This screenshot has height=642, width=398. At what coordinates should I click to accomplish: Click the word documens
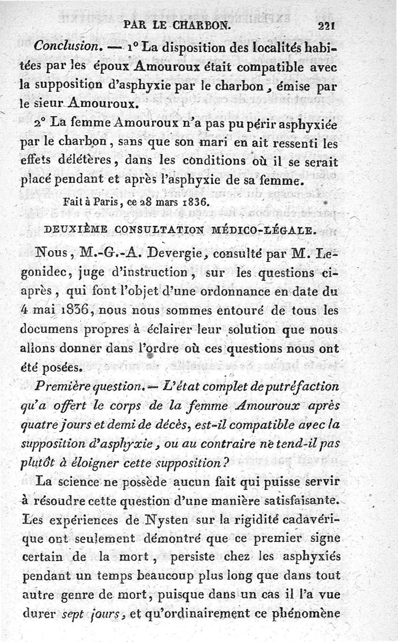[46, 330]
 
